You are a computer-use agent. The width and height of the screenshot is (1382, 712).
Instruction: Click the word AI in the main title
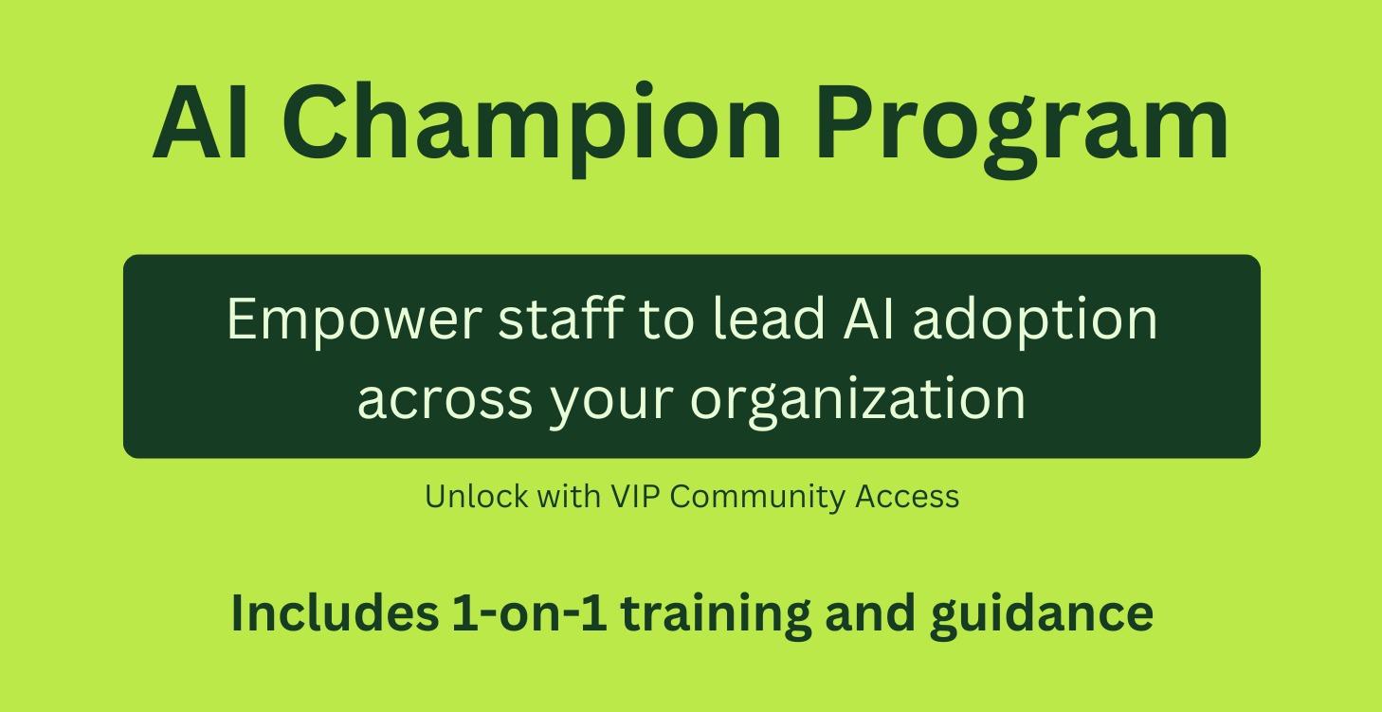click(x=201, y=123)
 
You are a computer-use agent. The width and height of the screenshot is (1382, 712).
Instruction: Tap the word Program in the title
click(x=1022, y=123)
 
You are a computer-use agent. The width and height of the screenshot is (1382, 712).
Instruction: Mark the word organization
click(x=858, y=397)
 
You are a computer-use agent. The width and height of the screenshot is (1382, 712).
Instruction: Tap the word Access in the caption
click(x=907, y=497)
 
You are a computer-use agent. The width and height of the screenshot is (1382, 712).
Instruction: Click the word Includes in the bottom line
click(x=334, y=612)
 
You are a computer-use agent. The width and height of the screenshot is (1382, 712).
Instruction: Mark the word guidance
click(x=1042, y=612)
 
